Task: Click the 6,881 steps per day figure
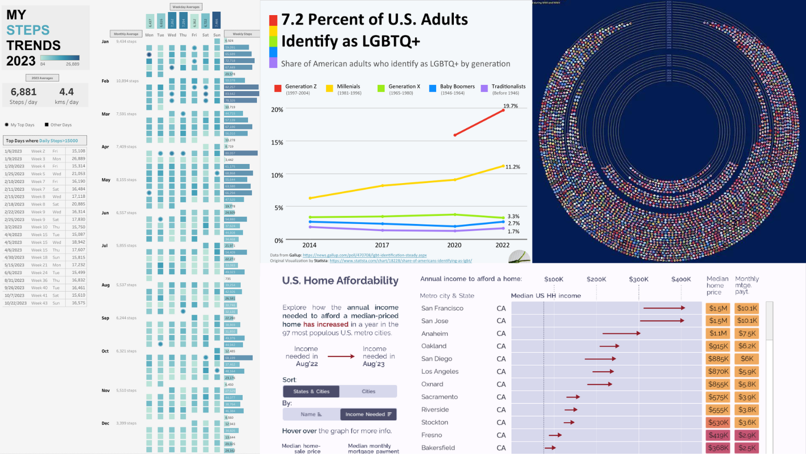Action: [x=24, y=92]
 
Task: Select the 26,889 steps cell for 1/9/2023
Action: [x=78, y=158]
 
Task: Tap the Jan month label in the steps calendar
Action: [x=105, y=41]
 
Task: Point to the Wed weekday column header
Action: [x=172, y=35]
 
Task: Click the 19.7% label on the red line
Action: [x=510, y=106]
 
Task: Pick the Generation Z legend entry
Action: [x=301, y=87]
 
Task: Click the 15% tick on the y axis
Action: [x=277, y=142]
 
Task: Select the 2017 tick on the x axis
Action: [x=382, y=245]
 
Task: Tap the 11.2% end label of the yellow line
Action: [x=513, y=167]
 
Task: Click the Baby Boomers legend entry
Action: [x=457, y=87]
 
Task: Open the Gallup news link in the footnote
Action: [x=365, y=255]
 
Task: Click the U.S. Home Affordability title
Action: [x=340, y=280]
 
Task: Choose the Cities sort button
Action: [x=368, y=391]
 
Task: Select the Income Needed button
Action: [x=368, y=414]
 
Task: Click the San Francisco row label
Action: [x=442, y=308]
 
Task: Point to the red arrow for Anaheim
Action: [x=621, y=333]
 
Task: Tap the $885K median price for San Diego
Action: [x=718, y=359]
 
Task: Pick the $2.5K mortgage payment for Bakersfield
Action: [x=747, y=447]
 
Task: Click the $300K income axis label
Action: [x=639, y=279]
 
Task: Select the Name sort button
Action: [x=311, y=414]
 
